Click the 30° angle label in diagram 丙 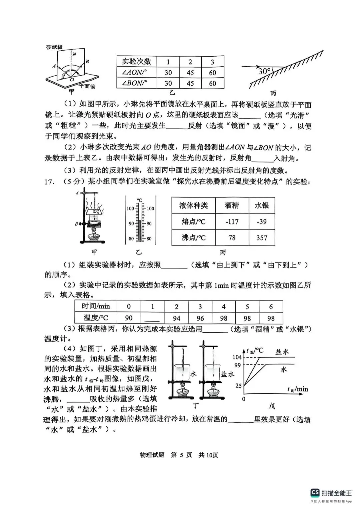point(265,71)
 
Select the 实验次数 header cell point(137,61)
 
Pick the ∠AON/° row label point(135,72)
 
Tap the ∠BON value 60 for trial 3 point(212,83)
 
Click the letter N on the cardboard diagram point(74,54)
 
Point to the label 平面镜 point(87,86)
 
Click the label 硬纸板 point(54,47)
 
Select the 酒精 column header point(232,206)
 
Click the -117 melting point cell point(232,222)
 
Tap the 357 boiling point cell point(262,238)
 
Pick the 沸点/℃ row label point(193,238)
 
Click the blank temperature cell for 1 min point(153,318)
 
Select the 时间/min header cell point(96,306)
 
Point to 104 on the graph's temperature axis point(237,357)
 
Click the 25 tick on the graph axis point(238,386)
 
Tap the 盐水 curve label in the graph point(282,352)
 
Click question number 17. point(49,182)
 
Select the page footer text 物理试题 point(152,455)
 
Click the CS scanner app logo point(315,493)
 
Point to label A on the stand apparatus point(77,193)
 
